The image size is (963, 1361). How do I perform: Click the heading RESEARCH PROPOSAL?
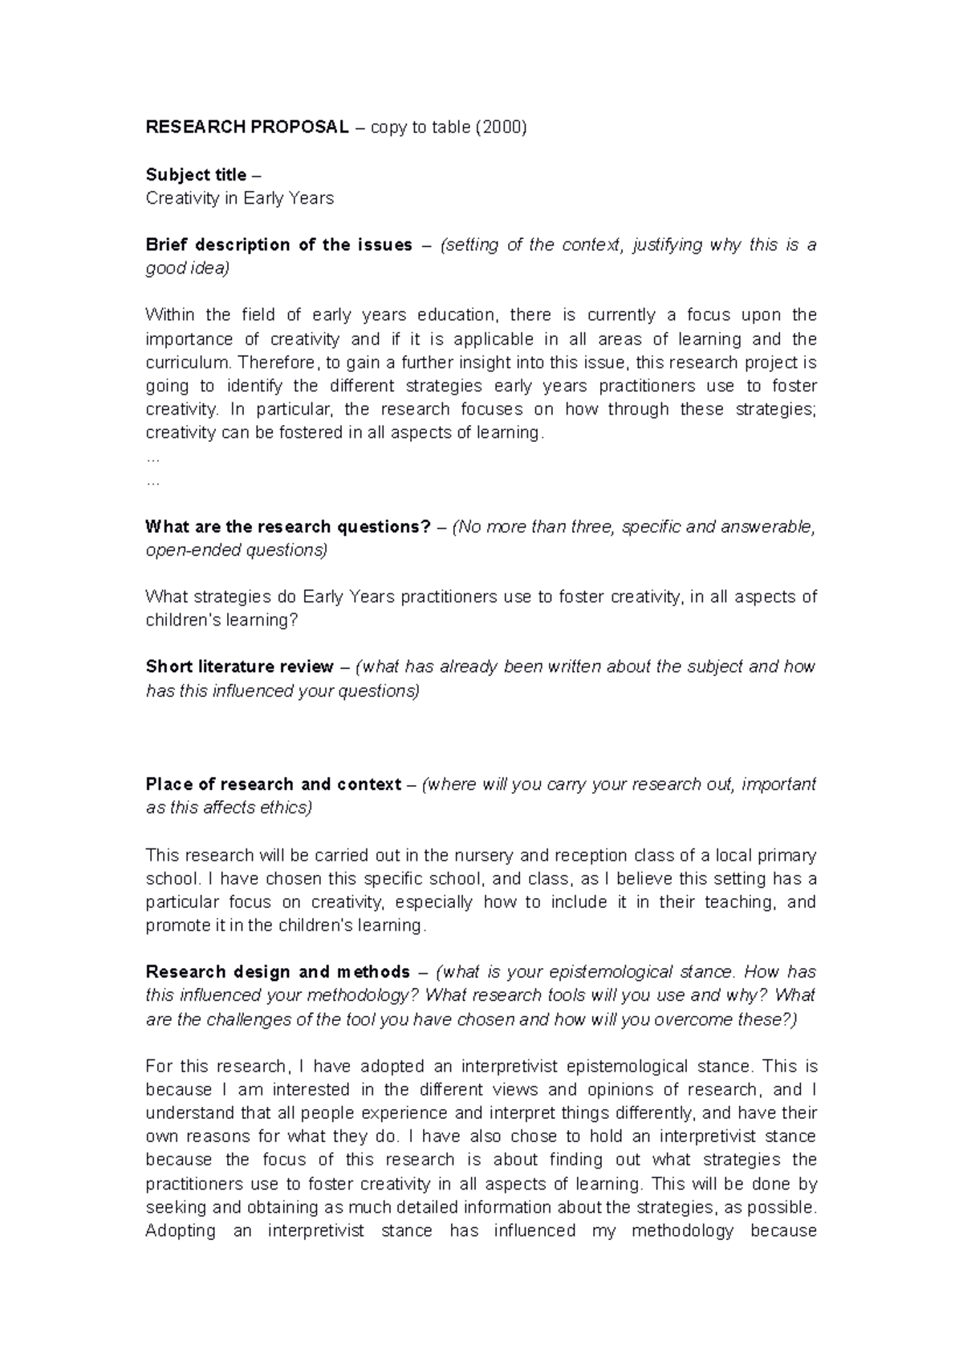click(x=246, y=128)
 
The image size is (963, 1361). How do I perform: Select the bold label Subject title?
click(x=196, y=175)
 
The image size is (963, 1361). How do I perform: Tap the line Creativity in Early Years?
click(x=239, y=198)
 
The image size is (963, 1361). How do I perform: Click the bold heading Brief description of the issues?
click(x=278, y=245)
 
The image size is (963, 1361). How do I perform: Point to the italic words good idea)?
click(x=187, y=269)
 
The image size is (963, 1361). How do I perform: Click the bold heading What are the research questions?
click(x=288, y=527)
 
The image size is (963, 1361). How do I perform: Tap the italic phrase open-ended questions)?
click(x=236, y=550)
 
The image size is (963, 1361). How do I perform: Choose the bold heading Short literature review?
click(x=239, y=666)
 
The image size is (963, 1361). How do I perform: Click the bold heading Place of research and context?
click(x=273, y=784)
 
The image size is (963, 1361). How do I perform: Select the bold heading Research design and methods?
click(x=278, y=972)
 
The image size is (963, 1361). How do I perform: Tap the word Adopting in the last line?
click(x=181, y=1231)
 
